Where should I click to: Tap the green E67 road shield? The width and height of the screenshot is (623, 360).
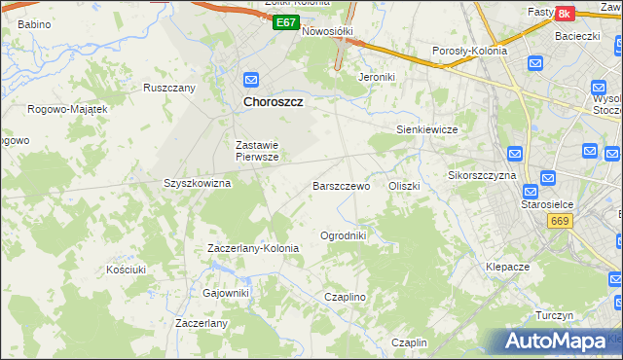pos(284,22)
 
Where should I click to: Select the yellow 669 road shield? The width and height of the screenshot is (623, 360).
pos(559,221)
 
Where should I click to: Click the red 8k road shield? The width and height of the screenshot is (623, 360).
pos(565,14)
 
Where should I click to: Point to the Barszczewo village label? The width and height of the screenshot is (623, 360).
pos(341,185)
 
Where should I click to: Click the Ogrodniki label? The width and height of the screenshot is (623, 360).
pos(343,235)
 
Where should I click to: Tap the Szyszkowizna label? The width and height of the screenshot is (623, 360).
pos(197,183)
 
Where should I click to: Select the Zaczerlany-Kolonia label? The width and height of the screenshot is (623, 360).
pos(253,248)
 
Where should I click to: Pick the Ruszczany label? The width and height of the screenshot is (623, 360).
pos(169,88)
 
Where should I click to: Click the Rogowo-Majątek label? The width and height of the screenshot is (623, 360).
pos(67,109)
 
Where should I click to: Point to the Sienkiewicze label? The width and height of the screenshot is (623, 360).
pos(426,128)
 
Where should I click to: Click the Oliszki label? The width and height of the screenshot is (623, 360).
pos(404,185)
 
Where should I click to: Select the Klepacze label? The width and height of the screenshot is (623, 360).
pos(507,266)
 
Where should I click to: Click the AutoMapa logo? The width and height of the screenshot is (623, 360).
pos(559,341)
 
